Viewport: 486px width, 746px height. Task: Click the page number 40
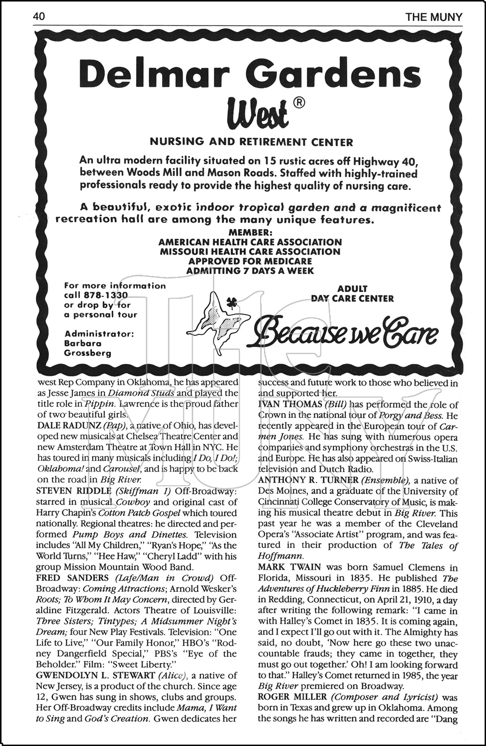coord(39,17)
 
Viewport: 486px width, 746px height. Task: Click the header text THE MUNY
coord(433,17)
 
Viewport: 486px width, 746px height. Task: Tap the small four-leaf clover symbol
coord(230,301)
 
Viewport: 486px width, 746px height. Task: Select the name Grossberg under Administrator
coord(88,353)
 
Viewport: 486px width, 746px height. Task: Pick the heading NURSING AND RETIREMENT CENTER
coord(251,142)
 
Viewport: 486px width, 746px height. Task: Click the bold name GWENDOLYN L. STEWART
coord(96,676)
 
